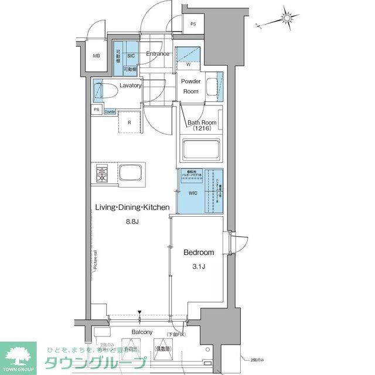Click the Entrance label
pos(158,54)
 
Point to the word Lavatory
pos(131,86)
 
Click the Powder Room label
pos(190,86)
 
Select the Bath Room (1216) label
pos(202,125)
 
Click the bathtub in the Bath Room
pos(201,149)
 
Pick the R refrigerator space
pos(129,122)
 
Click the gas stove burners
pos(104,174)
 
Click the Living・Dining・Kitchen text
pos(133,207)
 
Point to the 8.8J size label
pos(133,222)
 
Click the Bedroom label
pos(199,253)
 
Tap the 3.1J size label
pos(199,267)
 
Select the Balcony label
pos(142,332)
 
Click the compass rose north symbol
pos(287,18)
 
